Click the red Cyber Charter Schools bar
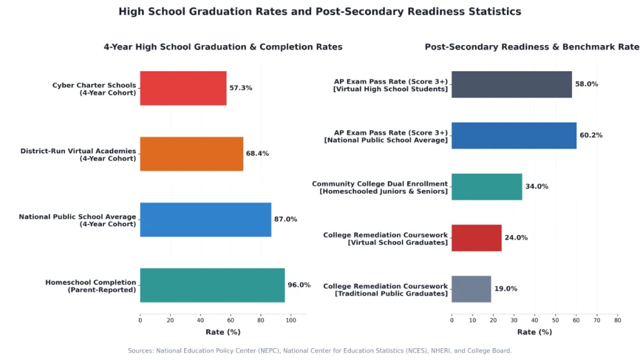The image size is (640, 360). point(183,88)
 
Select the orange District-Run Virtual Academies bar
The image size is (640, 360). point(191,154)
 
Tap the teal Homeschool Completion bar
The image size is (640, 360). point(212,285)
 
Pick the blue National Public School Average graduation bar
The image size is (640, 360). point(206,219)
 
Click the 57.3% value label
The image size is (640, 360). point(241,87)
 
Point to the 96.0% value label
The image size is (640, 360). point(299,285)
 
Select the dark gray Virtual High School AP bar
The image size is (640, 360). point(511,84)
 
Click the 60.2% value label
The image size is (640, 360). point(591,135)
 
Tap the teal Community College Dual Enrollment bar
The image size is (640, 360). point(486,187)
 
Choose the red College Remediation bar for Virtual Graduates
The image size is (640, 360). point(476,238)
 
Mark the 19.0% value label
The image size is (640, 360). point(506,289)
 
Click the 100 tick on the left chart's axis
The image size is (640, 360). point(291,321)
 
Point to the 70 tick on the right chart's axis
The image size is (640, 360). point(597,321)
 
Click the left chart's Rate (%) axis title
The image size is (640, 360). point(223,332)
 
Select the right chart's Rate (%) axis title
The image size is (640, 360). point(534,332)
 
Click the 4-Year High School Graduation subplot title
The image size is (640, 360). point(223,47)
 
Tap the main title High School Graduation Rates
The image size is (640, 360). point(320,11)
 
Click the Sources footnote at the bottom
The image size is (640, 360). point(319,351)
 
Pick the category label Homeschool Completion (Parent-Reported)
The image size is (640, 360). point(91,286)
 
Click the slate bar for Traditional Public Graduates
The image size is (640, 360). point(471,289)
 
